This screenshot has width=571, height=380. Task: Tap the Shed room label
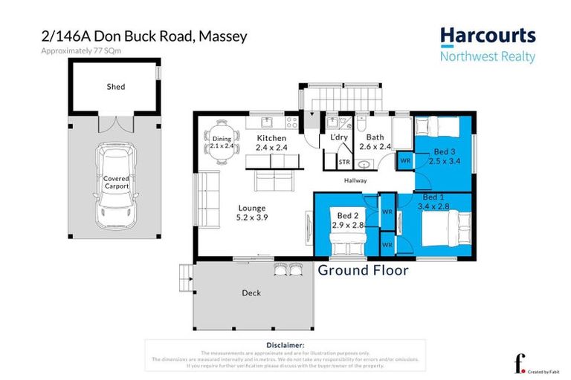(x=115, y=87)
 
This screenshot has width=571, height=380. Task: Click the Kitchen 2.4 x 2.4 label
(x=271, y=143)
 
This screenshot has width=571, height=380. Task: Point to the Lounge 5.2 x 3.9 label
(x=251, y=213)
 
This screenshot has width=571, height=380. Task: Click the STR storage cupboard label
(x=344, y=161)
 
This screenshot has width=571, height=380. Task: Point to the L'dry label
(x=339, y=138)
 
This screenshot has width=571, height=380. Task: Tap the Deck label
(x=251, y=293)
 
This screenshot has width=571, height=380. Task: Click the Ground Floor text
(x=363, y=271)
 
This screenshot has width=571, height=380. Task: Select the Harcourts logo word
(x=487, y=36)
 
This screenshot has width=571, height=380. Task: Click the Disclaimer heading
(x=285, y=346)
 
